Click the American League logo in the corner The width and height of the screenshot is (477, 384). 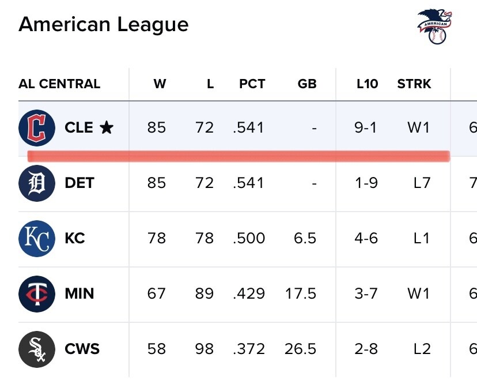point(434,27)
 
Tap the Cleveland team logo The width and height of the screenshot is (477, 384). point(37,127)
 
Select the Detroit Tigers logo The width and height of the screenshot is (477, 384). point(37,183)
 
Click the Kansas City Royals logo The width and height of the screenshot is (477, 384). point(37,239)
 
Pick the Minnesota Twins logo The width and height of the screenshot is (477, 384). point(37,294)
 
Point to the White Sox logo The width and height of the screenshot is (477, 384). point(37,349)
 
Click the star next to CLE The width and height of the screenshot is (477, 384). point(107,127)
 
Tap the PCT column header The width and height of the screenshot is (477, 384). point(252,84)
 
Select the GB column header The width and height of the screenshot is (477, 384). point(307,84)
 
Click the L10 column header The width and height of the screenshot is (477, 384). point(367,84)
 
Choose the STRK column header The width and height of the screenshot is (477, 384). point(414,84)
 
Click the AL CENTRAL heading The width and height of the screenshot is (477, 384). point(59,84)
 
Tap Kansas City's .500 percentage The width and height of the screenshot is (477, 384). point(249,239)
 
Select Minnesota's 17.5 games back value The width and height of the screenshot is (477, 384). point(301,294)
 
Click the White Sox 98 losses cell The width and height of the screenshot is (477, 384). point(205,349)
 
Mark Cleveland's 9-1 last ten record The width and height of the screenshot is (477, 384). point(366,127)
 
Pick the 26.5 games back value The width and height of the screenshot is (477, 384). point(301,349)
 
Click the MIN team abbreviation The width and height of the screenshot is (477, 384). point(79,294)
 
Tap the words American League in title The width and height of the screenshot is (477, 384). point(104,24)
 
